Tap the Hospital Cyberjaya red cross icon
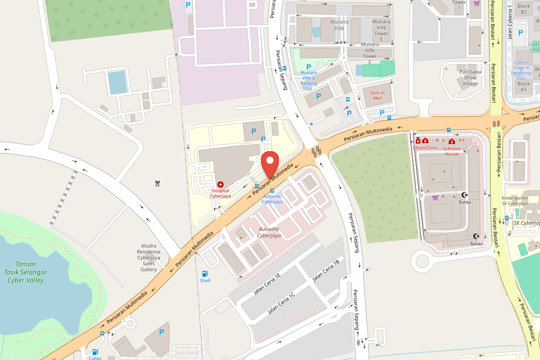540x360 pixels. tap(220, 184)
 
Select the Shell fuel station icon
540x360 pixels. tap(205, 274)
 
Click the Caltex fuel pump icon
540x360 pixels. tap(95, 352)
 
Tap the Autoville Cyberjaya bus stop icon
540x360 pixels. tap(272, 191)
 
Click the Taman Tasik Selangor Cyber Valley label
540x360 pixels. tap(25, 272)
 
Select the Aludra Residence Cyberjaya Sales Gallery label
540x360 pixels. tap(149, 257)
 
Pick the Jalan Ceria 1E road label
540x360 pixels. tap(267, 283)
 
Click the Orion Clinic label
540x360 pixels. tap(425, 148)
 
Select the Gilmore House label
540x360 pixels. tap(452, 151)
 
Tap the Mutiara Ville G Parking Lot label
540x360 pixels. tap(308, 81)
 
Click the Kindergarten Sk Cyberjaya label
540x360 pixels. tap(514, 201)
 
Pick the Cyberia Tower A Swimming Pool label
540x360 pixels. tap(521, 70)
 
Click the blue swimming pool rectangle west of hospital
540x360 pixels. tap(118, 82)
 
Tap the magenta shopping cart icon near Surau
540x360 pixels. tap(435, 197)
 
